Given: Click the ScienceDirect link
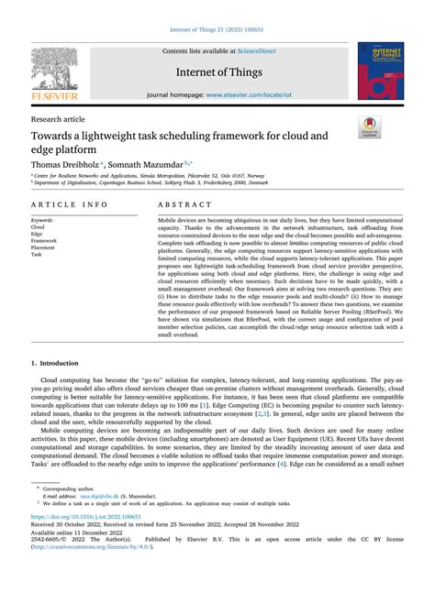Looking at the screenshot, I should (262, 51).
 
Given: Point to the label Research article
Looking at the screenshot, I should (60, 119).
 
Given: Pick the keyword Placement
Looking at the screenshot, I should (48, 247).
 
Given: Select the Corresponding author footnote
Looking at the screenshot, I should (74, 492).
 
